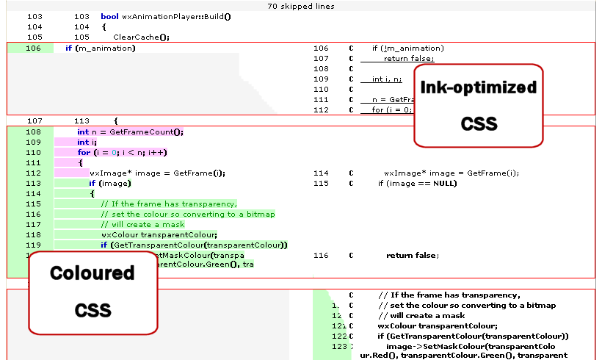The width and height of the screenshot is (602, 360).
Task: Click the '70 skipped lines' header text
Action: [301, 6]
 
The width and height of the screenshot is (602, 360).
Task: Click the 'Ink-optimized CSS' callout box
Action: [479, 105]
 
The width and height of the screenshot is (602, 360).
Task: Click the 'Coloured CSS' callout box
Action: [93, 291]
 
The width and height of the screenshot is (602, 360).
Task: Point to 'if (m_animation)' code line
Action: [100, 48]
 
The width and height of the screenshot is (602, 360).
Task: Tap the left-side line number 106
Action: [34, 48]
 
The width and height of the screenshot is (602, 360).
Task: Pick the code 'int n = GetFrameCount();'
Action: [130, 132]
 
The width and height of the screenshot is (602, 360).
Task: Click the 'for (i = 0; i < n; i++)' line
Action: [122, 153]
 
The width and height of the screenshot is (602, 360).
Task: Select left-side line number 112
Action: [34, 173]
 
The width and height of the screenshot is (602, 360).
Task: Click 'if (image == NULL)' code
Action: [417, 184]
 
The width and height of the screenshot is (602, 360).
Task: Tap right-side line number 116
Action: [321, 256]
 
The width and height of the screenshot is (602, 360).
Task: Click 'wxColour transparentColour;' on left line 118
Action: [154, 235]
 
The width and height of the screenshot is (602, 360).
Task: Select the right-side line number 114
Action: [321, 173]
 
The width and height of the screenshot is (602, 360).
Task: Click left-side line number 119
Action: [34, 245]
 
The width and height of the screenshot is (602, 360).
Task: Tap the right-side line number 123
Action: [338, 345]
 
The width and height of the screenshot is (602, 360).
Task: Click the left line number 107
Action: [34, 120]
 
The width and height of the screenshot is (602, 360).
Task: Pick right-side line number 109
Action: [321, 79]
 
